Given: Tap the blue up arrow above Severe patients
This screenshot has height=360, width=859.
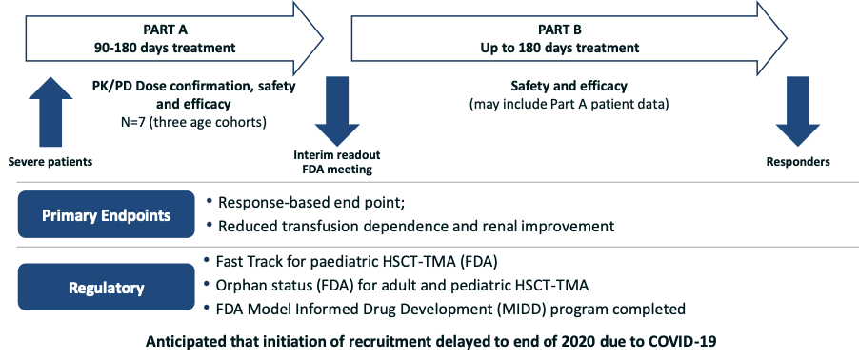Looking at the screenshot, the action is (50, 111).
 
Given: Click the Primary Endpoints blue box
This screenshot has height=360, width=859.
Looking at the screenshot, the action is (107, 214).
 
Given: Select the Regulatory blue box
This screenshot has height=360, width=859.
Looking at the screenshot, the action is (107, 287).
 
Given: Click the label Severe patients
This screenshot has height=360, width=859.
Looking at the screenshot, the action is (50, 162).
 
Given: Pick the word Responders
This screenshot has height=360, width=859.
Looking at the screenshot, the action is (798, 162).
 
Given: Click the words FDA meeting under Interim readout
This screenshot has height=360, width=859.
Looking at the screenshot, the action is (337, 170).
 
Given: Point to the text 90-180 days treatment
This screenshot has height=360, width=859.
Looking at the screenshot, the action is (165, 48).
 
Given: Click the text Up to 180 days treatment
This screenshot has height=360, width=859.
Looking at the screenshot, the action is (559, 48).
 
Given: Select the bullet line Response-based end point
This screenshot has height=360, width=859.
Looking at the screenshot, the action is (311, 202).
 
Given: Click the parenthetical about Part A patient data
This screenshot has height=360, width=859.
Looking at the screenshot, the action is (569, 105).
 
